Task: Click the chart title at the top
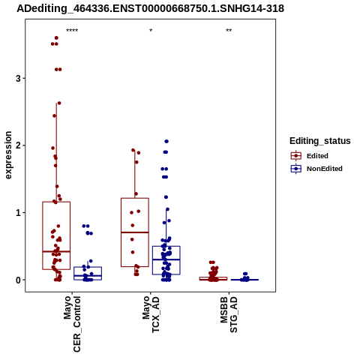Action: pyautogui.click(x=150, y=8)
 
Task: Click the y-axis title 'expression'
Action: pyautogui.click(x=8, y=155)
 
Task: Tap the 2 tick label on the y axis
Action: pyautogui.click(x=18, y=145)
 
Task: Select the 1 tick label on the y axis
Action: pyautogui.click(x=18, y=213)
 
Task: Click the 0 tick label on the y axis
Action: pyautogui.click(x=18, y=280)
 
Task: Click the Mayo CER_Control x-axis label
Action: pyautogui.click(x=72, y=324)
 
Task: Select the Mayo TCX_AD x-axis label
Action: pyautogui.click(x=151, y=314)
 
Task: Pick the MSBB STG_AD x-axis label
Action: pyautogui.click(x=229, y=314)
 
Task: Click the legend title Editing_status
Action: pyautogui.click(x=320, y=141)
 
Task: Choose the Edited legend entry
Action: pyautogui.click(x=310, y=156)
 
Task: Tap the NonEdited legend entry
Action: pyautogui.click(x=316, y=169)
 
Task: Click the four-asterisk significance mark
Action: pyautogui.click(x=72, y=31)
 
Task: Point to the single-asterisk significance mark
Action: pyautogui.click(x=151, y=31)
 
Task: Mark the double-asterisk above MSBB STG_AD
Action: pyautogui.click(x=229, y=31)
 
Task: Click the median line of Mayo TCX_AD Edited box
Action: pyautogui.click(x=135, y=232)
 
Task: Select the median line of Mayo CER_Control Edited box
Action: pyautogui.click(x=56, y=251)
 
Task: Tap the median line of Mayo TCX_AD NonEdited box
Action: pyautogui.click(x=166, y=259)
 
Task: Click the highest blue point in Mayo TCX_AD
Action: pyautogui.click(x=166, y=142)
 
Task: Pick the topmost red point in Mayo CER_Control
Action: pyautogui.click(x=56, y=38)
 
